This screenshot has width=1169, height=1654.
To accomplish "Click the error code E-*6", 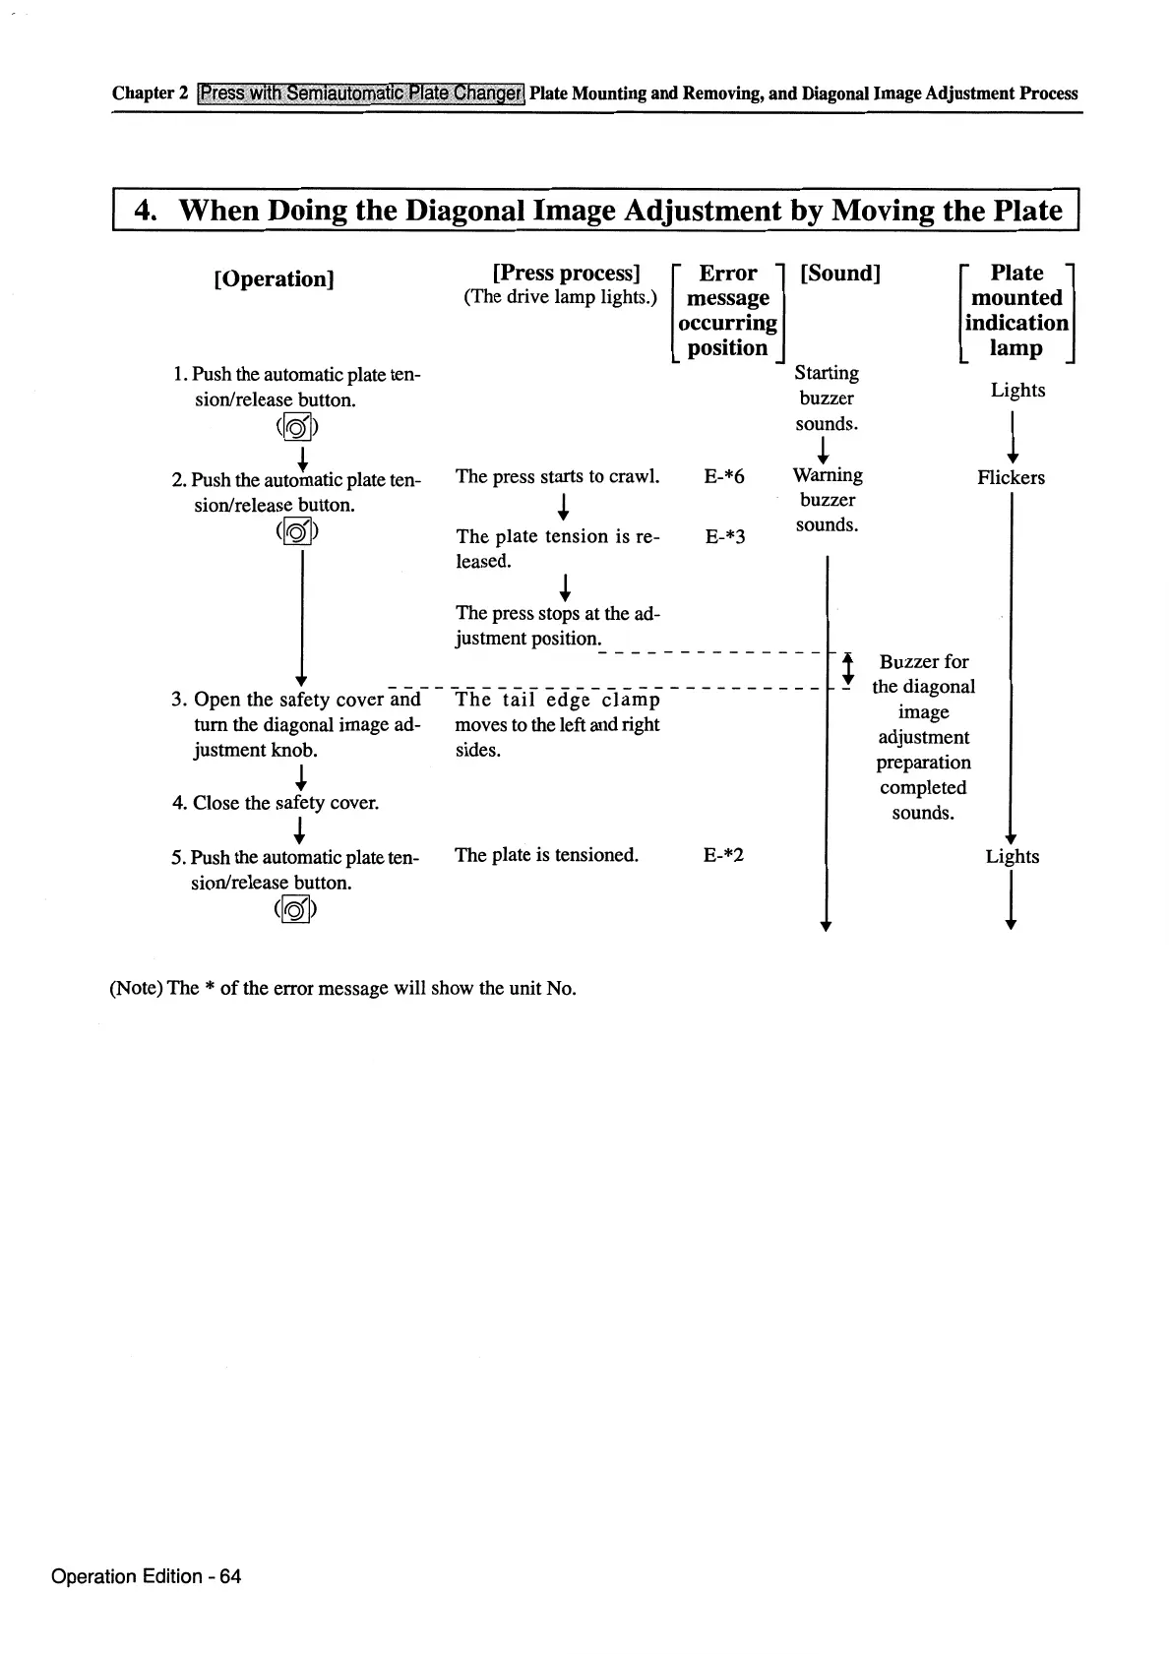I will click(x=724, y=477).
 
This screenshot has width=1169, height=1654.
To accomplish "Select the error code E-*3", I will click(x=725, y=537).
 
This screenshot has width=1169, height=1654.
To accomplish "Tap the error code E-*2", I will click(x=723, y=855).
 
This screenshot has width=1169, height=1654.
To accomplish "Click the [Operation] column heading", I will click(x=274, y=278).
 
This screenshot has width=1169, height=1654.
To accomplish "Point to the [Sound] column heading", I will click(x=840, y=273).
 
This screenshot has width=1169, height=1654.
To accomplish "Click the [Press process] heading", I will click(x=566, y=273).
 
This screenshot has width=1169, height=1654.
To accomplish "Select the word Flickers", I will click(x=1011, y=478).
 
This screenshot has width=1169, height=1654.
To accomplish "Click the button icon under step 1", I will click(x=297, y=427).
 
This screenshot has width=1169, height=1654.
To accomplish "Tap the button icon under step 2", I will click(x=297, y=532).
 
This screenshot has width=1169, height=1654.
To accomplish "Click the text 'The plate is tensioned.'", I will click(x=546, y=855).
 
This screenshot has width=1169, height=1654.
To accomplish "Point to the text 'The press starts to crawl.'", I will click(x=557, y=477).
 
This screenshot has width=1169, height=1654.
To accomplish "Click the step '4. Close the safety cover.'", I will click(x=276, y=803).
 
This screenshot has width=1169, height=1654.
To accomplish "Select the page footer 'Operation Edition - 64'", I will click(x=146, y=1576).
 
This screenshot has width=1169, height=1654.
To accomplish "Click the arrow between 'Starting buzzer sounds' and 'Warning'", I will click(x=825, y=450).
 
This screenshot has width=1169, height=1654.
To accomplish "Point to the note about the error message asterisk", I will click(x=342, y=988).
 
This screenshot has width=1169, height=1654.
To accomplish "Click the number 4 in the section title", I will click(x=144, y=211).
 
